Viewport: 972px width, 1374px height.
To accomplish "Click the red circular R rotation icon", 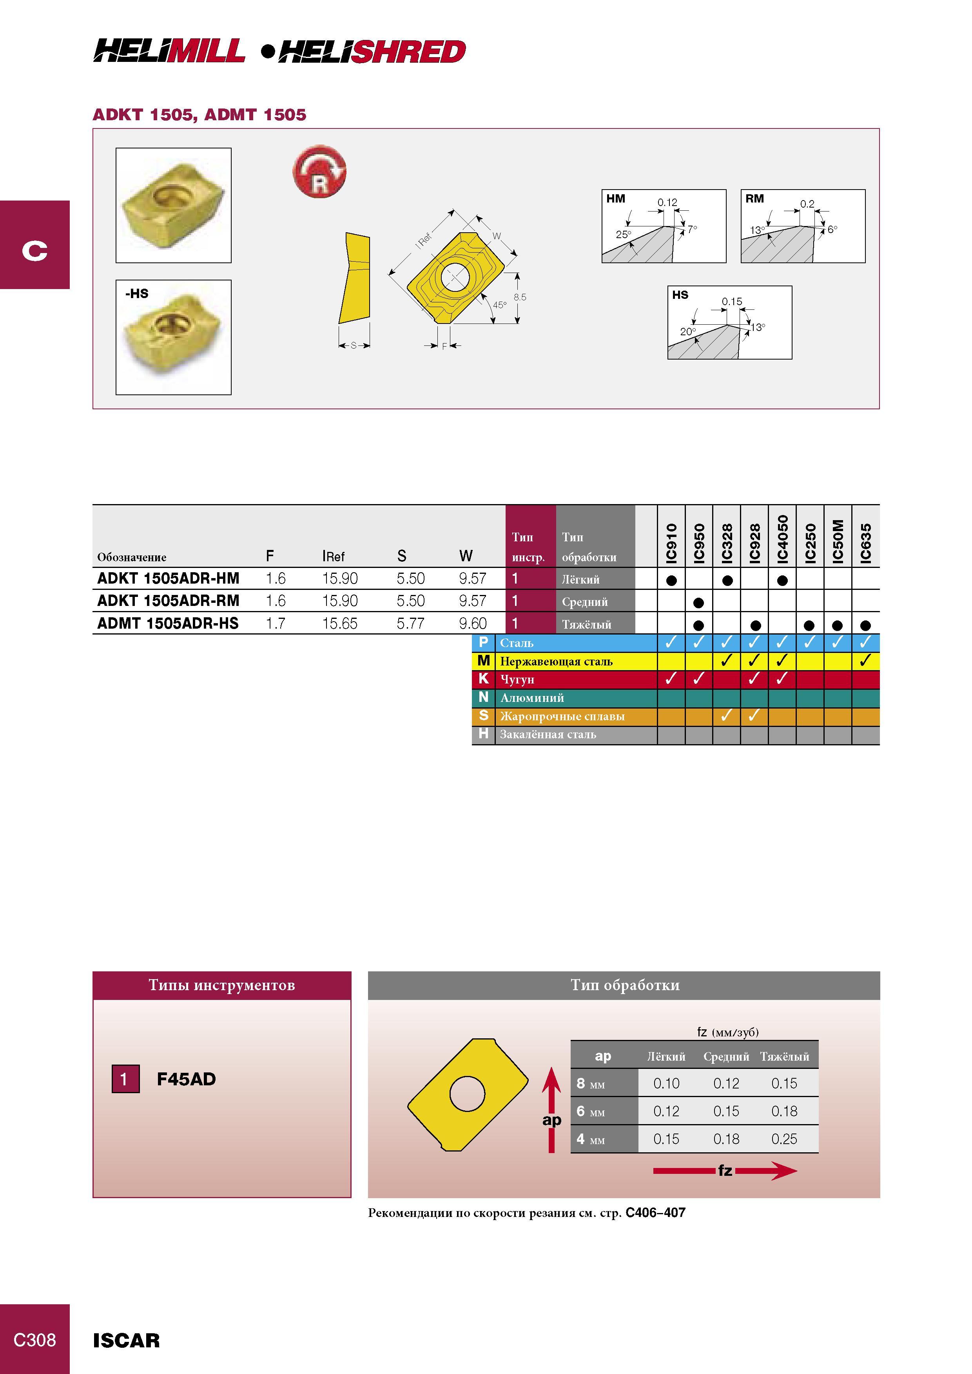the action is tap(319, 171).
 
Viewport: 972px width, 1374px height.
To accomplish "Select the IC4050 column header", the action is tap(782, 539).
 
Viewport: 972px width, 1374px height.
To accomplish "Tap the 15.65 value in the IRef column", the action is tap(339, 623).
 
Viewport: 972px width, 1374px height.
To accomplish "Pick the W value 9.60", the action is tap(473, 623).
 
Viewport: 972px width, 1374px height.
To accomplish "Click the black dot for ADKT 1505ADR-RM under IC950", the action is tap(698, 603).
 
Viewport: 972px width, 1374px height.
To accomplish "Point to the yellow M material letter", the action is tap(483, 661).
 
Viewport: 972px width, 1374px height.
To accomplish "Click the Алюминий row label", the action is tap(532, 698).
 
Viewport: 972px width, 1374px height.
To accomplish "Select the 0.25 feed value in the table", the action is tap(784, 1139).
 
